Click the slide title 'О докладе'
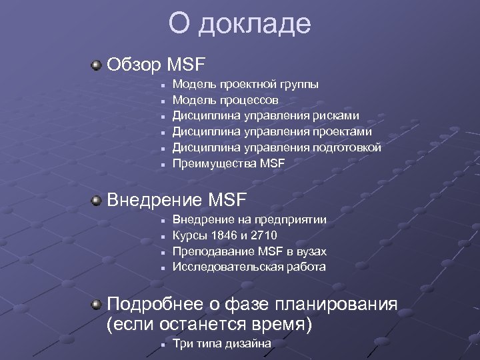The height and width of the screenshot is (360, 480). [239, 24]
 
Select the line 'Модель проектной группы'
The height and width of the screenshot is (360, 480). [245, 85]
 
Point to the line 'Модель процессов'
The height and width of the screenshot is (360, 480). [225, 100]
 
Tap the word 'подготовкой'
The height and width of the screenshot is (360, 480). [348, 147]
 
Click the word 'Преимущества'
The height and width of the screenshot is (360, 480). [215, 163]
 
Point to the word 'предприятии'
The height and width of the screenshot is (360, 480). [293, 219]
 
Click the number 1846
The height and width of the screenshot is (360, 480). [223, 235]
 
